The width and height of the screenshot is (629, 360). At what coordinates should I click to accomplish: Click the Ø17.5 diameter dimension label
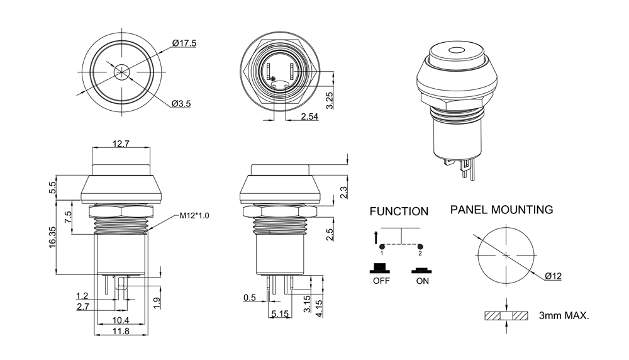pos(184,43)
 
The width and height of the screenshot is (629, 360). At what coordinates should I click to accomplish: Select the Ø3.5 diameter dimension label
pos(181,104)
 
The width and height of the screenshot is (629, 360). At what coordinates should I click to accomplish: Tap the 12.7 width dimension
pos(121,144)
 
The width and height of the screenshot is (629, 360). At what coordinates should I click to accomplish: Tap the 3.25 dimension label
pos(330,100)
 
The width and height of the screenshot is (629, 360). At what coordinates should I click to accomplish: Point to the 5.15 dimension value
pos(280,313)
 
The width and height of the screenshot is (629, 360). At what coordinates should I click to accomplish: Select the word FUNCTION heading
pos(399,211)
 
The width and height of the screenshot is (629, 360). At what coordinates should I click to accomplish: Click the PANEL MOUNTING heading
pos(501,210)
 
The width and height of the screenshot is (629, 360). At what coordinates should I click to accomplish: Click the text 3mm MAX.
pos(564,315)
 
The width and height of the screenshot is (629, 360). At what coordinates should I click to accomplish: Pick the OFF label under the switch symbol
pos(382,281)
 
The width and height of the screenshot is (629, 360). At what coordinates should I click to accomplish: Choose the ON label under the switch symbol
pos(422,281)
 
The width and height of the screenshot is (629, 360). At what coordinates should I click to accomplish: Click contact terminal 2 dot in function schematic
pos(420,245)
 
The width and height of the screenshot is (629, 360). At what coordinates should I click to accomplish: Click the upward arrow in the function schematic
pos(376,237)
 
